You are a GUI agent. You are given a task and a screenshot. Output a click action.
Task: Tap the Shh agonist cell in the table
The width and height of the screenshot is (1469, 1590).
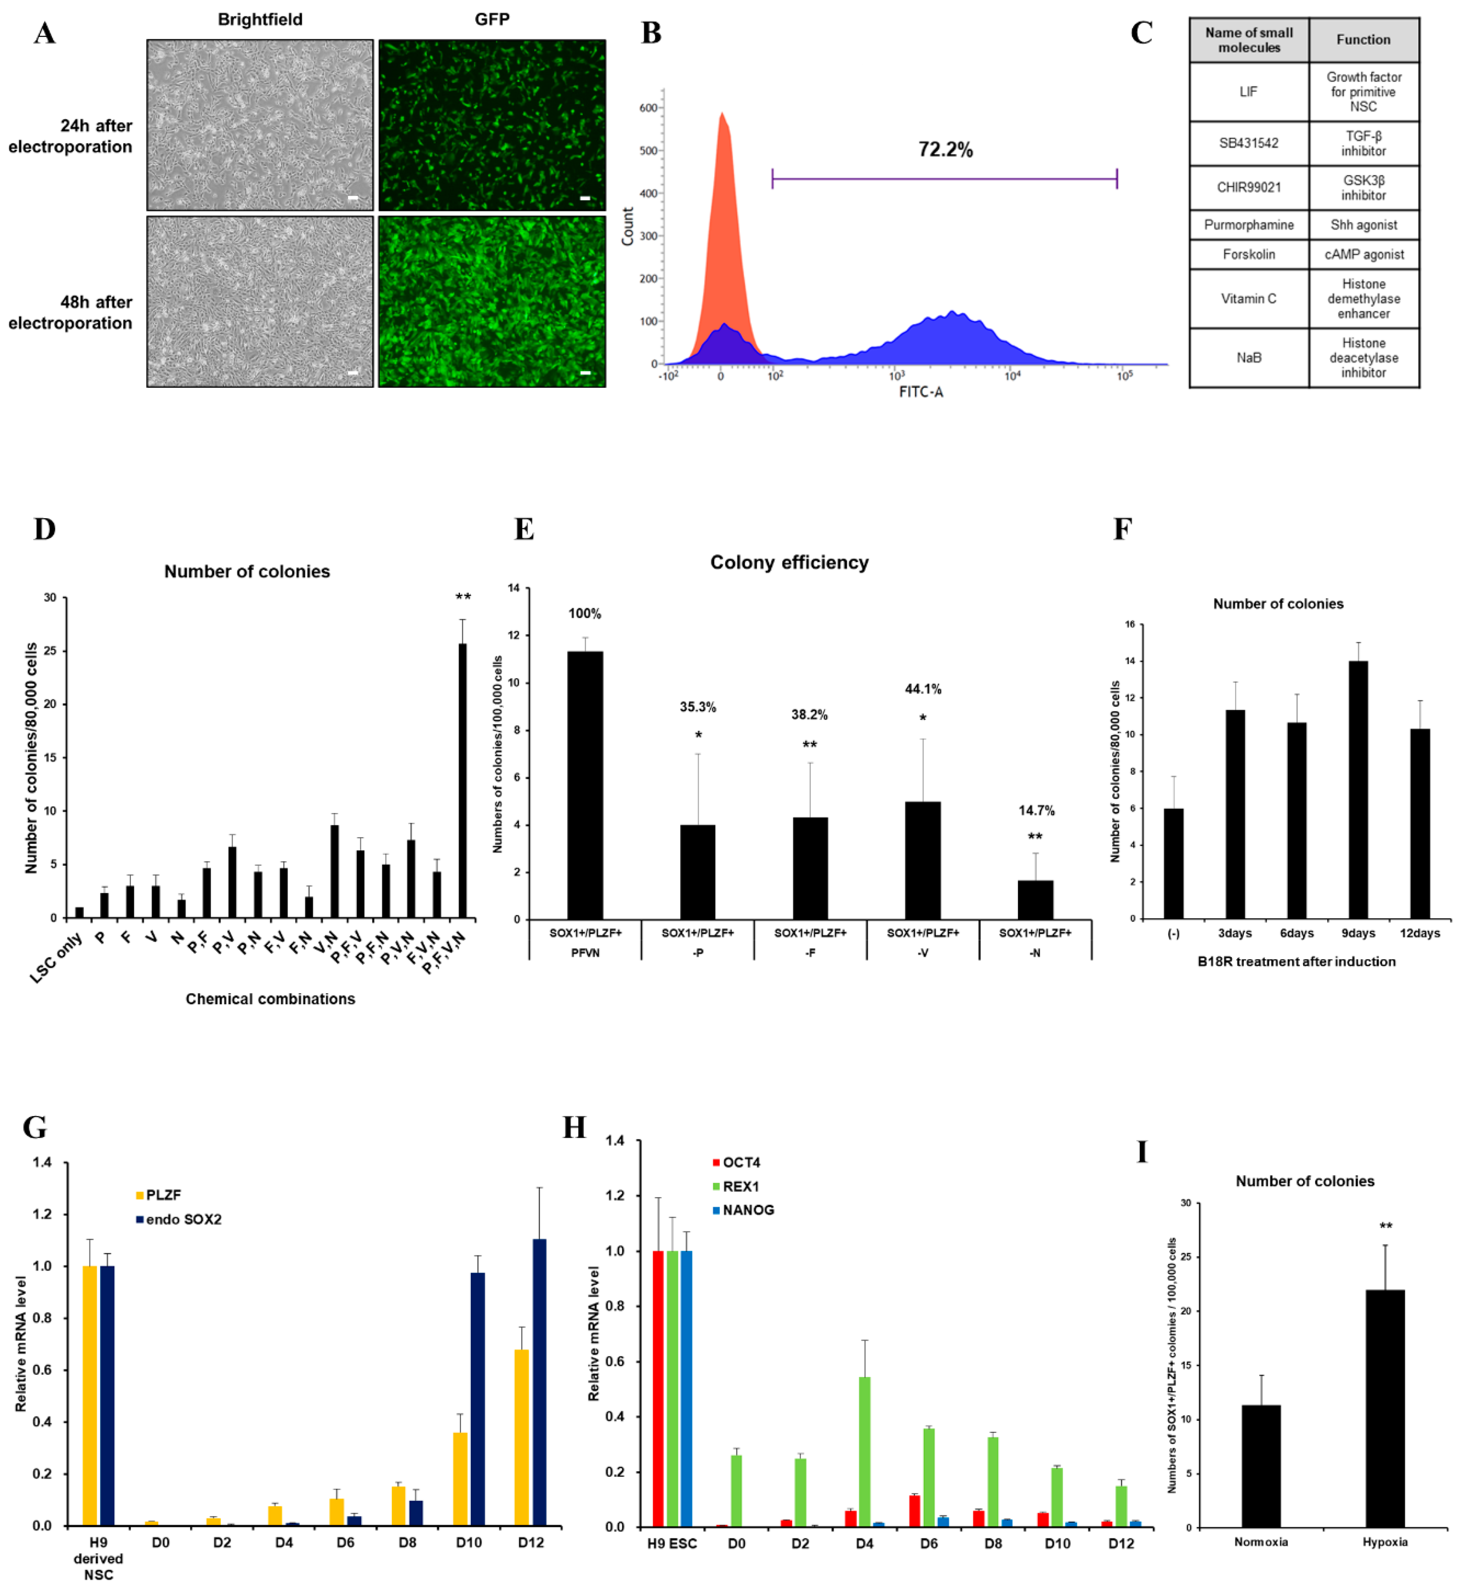(1363, 225)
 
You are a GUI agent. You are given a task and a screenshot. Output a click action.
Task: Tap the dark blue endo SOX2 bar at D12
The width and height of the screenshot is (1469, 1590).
(539, 1383)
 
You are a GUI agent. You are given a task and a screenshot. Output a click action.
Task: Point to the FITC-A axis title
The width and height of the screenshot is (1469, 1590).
(921, 393)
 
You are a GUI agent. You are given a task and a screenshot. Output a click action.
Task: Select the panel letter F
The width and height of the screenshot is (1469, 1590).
(1121, 529)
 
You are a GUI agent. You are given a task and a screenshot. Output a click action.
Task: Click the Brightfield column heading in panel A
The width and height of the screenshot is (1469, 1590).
(260, 19)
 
